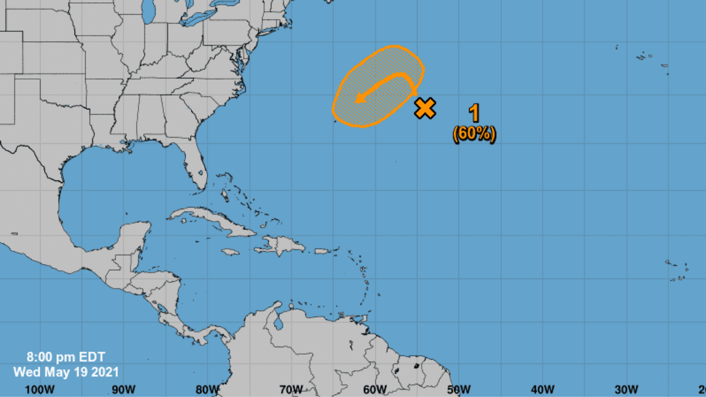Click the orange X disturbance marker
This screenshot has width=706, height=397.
[x=425, y=108]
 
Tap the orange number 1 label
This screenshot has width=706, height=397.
[x=474, y=113]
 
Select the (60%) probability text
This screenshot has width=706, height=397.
[x=474, y=134]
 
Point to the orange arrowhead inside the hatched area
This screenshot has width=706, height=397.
[x=360, y=98]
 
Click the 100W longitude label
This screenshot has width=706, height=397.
[x=40, y=389]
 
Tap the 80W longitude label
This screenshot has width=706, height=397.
[x=207, y=389]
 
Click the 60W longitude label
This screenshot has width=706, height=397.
[x=375, y=389]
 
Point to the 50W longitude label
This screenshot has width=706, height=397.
[x=458, y=389]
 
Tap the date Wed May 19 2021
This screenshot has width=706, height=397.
[x=66, y=372]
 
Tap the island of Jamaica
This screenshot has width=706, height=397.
[x=231, y=252]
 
